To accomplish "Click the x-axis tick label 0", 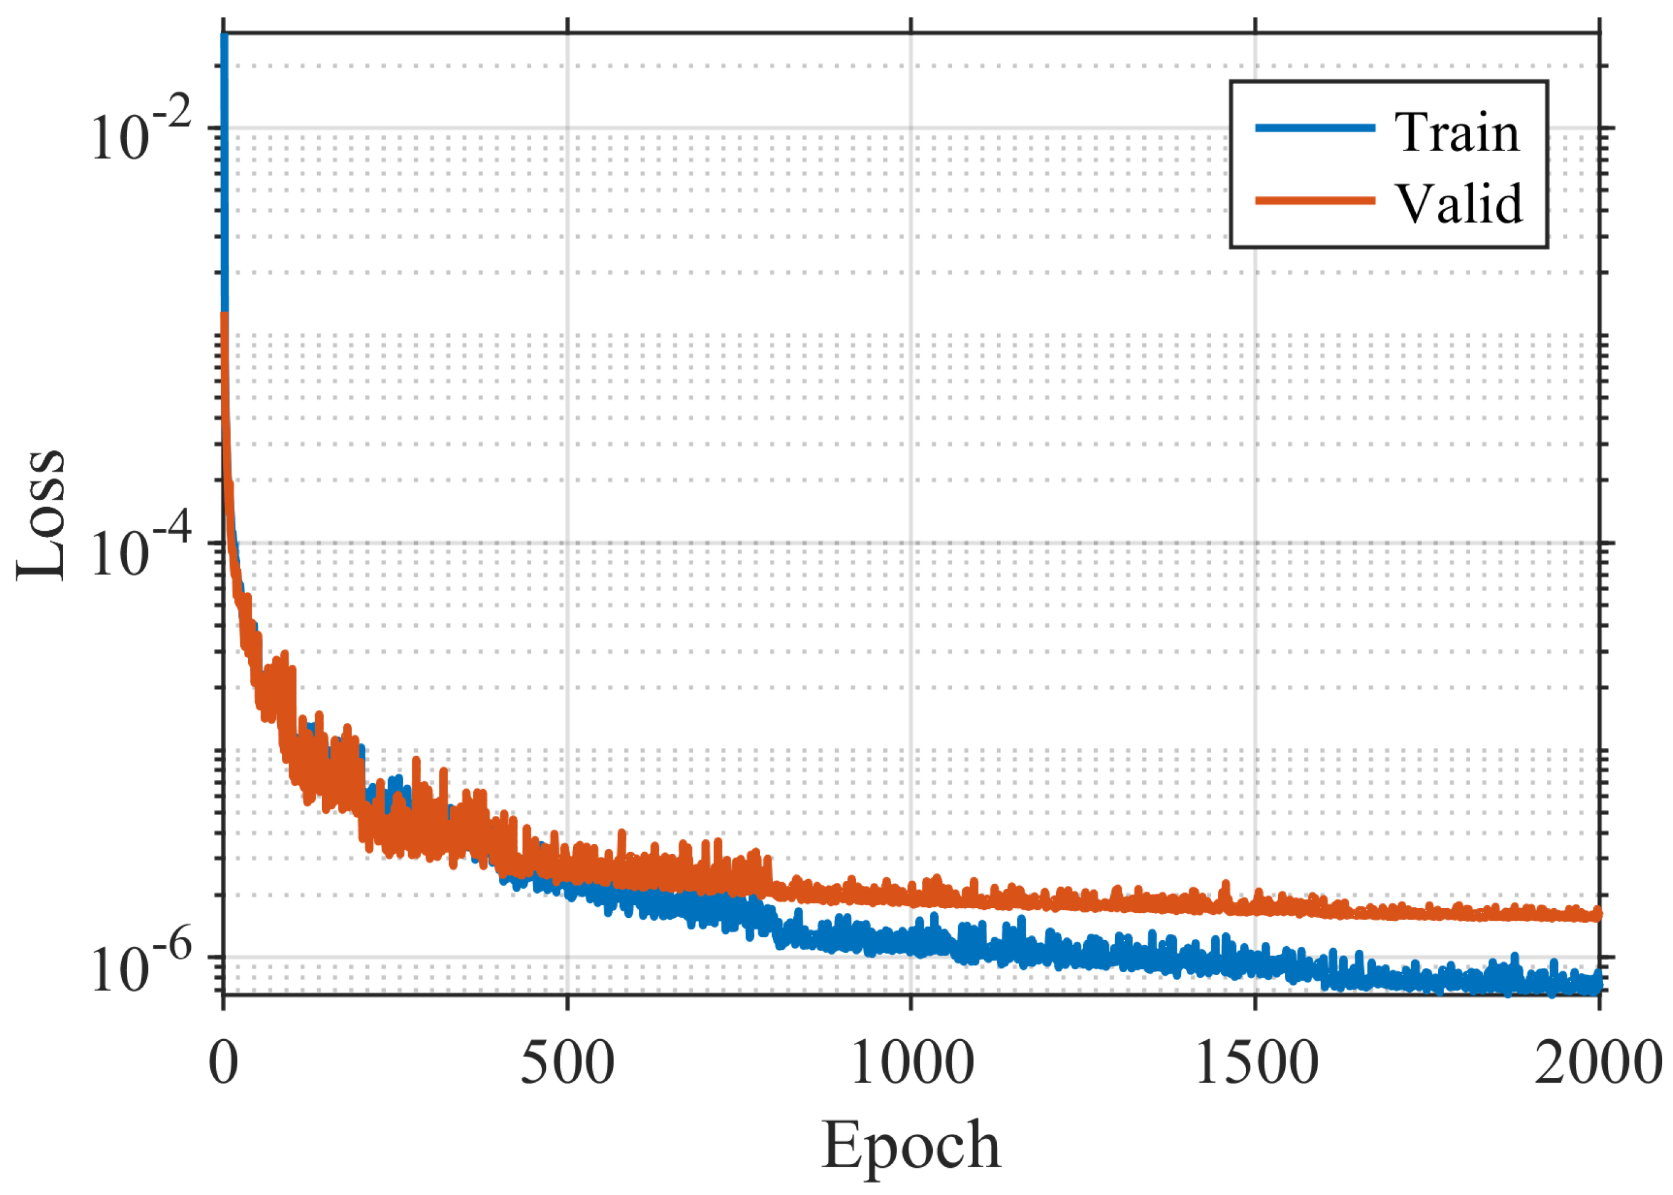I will (x=223, y=1064).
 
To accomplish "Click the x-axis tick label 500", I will (x=568, y=1064).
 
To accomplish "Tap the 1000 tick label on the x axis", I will (x=912, y=1064).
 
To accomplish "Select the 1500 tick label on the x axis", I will (x=1256, y=1064).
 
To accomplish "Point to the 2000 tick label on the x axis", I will (x=1598, y=1064).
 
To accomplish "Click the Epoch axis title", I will (x=911, y=1145).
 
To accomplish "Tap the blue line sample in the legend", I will (x=1315, y=128).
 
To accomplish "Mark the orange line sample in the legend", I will (x=1315, y=200).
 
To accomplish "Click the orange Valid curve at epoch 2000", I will (x=1596, y=914).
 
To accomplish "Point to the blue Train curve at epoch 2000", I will (x=1596, y=982).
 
